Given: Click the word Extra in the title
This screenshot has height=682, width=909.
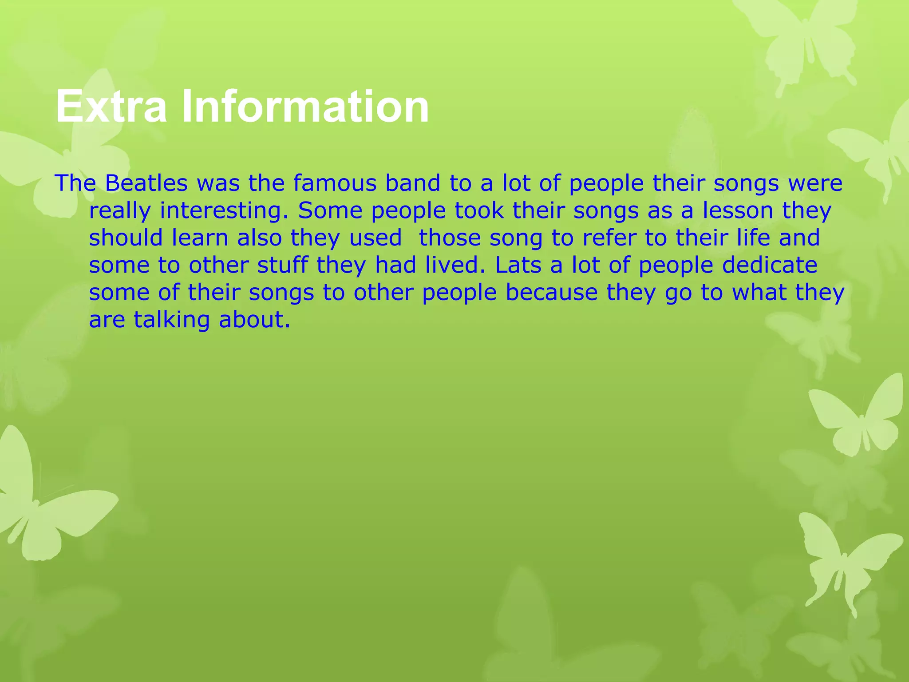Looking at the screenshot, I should click(x=111, y=107).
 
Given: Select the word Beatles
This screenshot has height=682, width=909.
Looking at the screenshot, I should click(x=146, y=183).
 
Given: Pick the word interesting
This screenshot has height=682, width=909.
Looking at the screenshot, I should click(x=224, y=211).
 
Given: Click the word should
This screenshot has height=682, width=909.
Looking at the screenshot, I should click(x=126, y=238).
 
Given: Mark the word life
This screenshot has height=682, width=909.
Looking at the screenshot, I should click(x=753, y=238).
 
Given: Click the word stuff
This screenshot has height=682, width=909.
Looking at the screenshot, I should click(x=282, y=266).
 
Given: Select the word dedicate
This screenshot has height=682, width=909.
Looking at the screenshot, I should click(x=770, y=266).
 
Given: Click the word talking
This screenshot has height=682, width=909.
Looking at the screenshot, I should click(x=171, y=320).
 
